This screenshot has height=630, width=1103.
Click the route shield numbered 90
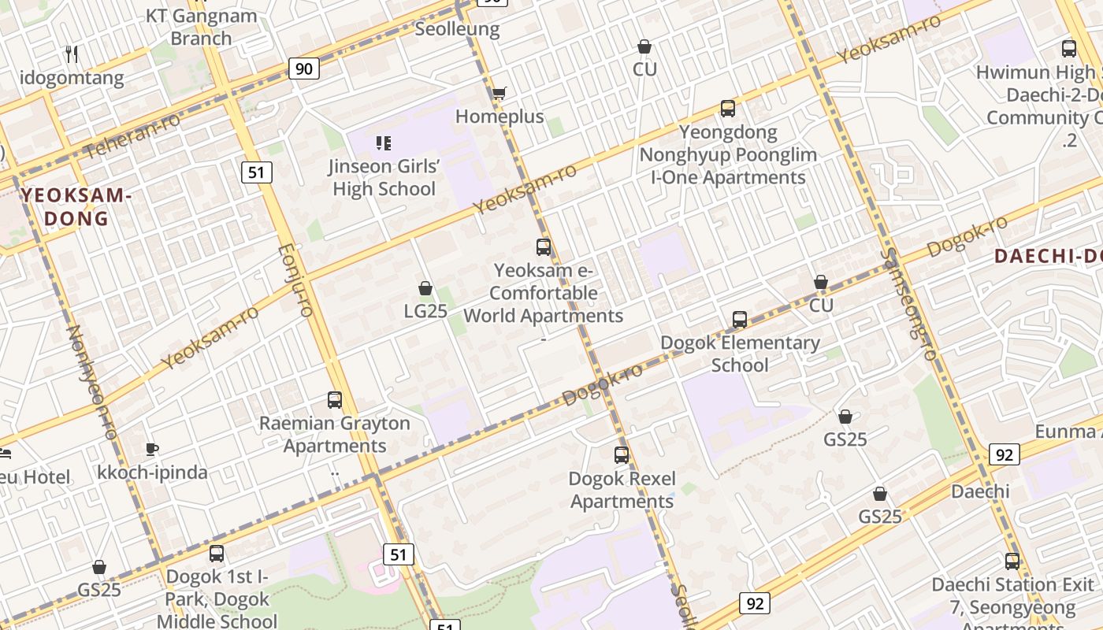[x=304, y=69]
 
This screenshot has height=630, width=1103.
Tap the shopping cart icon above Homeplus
[x=499, y=94]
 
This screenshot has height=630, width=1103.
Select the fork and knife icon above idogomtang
[x=72, y=54]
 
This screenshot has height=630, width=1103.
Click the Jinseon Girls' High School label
[x=384, y=177]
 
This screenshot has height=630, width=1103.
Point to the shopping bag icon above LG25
[x=425, y=288]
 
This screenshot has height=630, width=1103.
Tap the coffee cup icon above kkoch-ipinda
[x=152, y=450]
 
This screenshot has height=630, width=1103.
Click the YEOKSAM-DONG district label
[x=76, y=206]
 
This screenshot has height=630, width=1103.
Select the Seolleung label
[x=457, y=29]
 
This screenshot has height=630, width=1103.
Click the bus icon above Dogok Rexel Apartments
[x=622, y=455]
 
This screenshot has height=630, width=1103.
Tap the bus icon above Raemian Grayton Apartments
[x=335, y=400]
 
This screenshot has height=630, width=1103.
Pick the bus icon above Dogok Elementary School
[x=739, y=320]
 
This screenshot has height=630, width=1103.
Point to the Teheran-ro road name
[x=132, y=135]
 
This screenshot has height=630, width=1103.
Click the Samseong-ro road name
[x=908, y=304]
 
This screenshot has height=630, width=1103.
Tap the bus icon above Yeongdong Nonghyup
[x=728, y=109]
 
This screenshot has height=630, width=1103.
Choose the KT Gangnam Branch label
[x=201, y=27]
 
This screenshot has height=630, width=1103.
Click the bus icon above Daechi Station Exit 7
[x=1012, y=561]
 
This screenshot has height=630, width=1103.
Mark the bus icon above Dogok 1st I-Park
[x=217, y=554]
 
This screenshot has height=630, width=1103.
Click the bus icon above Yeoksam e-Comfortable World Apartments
[x=544, y=247]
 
